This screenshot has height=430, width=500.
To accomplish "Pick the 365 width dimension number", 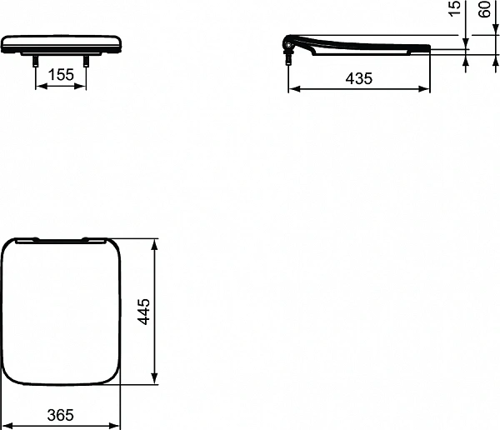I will pos(59,413).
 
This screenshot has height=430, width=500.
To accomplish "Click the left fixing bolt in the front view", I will pos(36,60).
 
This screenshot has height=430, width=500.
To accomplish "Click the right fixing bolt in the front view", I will pos(87,60).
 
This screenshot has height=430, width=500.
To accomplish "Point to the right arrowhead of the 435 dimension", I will pos(427,90).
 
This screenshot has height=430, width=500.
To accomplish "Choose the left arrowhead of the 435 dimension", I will pos(292,90).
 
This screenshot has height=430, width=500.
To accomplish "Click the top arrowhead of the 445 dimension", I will pos(155,243).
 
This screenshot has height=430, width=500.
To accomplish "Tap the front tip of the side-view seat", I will pos(430,47).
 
